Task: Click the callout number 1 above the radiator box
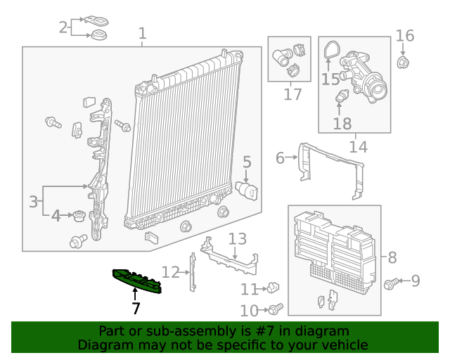143,33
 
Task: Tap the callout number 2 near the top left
63,27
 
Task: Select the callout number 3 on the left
33,202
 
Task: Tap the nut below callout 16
403,63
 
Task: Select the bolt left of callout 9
390,283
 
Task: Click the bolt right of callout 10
276,309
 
